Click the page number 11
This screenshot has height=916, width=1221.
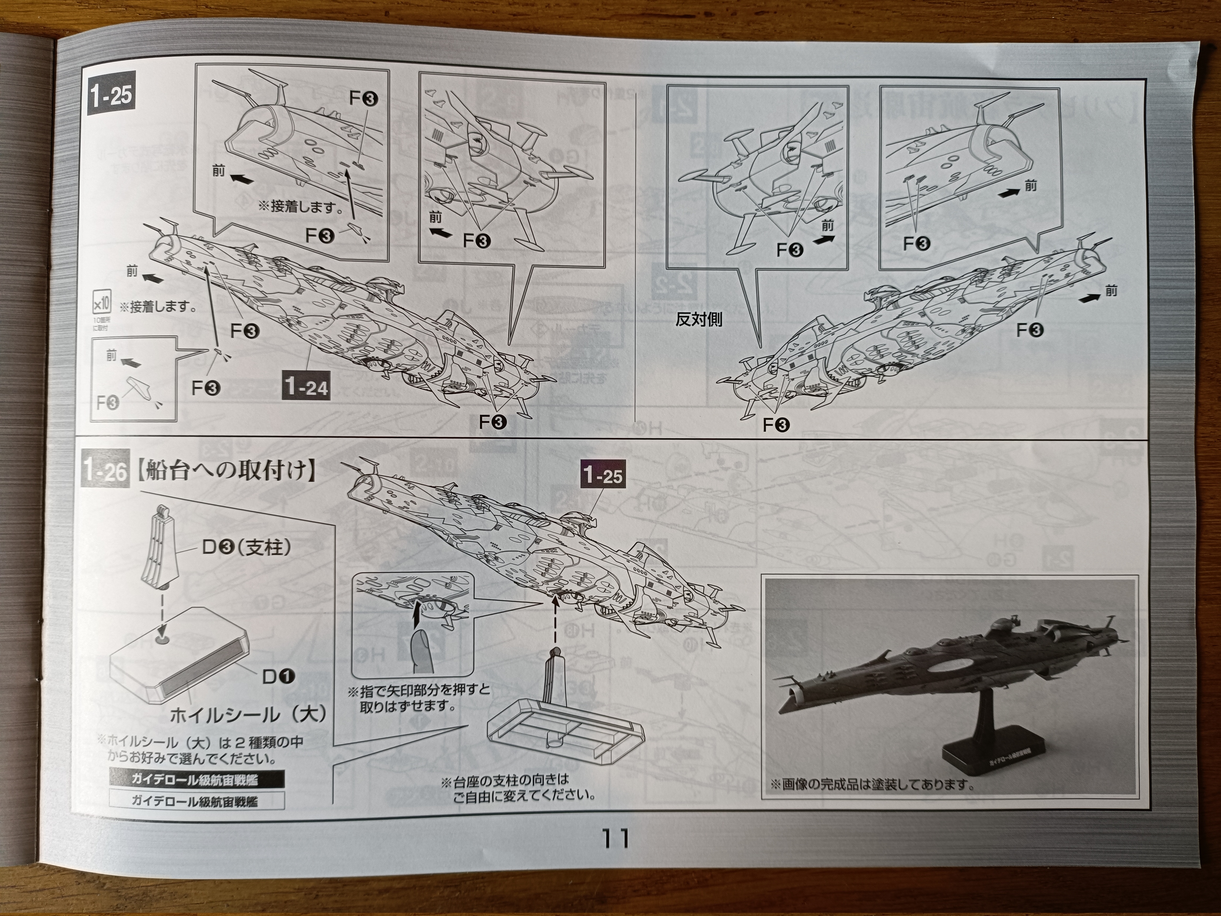(x=614, y=838)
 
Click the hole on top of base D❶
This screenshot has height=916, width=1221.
(x=162, y=639)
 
